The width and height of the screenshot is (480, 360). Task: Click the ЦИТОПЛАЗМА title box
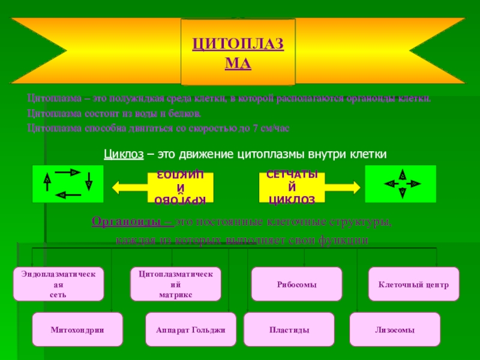[238, 52]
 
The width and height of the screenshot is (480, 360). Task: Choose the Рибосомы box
[297, 285]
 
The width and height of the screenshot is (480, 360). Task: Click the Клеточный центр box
[413, 285]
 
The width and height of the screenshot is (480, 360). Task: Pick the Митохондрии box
[77, 330]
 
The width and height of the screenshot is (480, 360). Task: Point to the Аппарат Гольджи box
[191, 330]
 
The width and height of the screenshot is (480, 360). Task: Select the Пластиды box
[289, 330]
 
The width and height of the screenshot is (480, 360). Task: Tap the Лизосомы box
[395, 330]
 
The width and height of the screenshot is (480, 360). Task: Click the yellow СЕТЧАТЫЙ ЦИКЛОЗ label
[292, 187]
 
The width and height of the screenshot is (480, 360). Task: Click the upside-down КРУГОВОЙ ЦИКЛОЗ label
[181, 187]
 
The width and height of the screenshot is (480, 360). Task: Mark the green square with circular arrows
[68, 184]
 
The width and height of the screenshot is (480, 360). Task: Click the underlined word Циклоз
[123, 155]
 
